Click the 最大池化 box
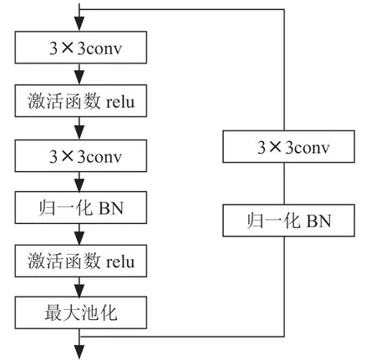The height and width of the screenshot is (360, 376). [81, 312]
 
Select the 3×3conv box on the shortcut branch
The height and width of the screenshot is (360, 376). [288, 146]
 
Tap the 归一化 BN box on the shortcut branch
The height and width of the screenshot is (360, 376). [288, 221]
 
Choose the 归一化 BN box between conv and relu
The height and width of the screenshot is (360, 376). [81, 207]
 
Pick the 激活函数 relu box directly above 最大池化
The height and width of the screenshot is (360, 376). [81, 261]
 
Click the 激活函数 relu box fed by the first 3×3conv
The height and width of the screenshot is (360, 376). [81, 101]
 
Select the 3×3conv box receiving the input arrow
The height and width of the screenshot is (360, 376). [81, 48]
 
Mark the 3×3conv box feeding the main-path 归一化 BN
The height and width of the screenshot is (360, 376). [81, 156]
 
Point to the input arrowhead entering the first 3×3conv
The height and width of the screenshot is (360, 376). [79, 23]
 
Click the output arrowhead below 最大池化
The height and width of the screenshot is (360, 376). [79, 352]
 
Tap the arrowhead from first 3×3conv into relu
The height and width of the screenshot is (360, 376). [79, 78]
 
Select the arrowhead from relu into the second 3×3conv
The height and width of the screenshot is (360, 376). [79, 133]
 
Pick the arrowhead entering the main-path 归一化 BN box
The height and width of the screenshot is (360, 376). [79, 185]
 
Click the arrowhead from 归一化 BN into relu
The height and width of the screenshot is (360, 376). [79, 238]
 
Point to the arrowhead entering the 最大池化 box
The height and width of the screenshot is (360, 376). [79, 290]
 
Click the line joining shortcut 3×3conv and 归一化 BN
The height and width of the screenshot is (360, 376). [284, 184]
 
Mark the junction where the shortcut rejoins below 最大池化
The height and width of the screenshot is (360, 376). [79, 337]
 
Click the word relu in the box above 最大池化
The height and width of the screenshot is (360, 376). [120, 261]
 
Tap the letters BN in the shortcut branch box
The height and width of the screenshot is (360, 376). [318, 221]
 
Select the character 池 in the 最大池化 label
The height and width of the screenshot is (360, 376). [89, 312]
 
